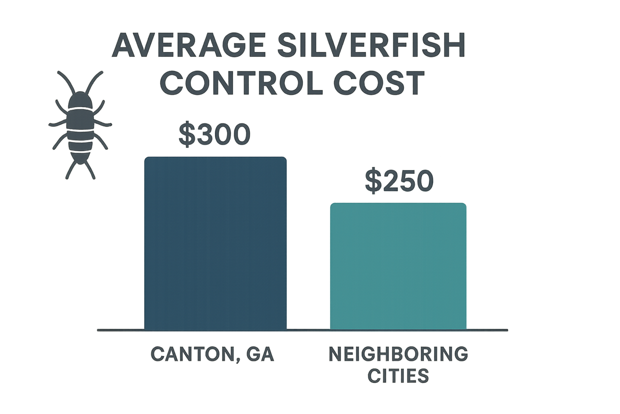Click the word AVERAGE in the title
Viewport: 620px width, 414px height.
click(x=189, y=46)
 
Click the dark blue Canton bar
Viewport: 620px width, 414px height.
click(x=215, y=243)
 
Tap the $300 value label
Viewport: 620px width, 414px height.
click(x=215, y=135)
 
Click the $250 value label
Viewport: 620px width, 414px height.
click(x=399, y=181)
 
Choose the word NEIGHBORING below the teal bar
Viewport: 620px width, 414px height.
click(x=398, y=354)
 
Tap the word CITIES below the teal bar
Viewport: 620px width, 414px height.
click(x=398, y=376)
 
